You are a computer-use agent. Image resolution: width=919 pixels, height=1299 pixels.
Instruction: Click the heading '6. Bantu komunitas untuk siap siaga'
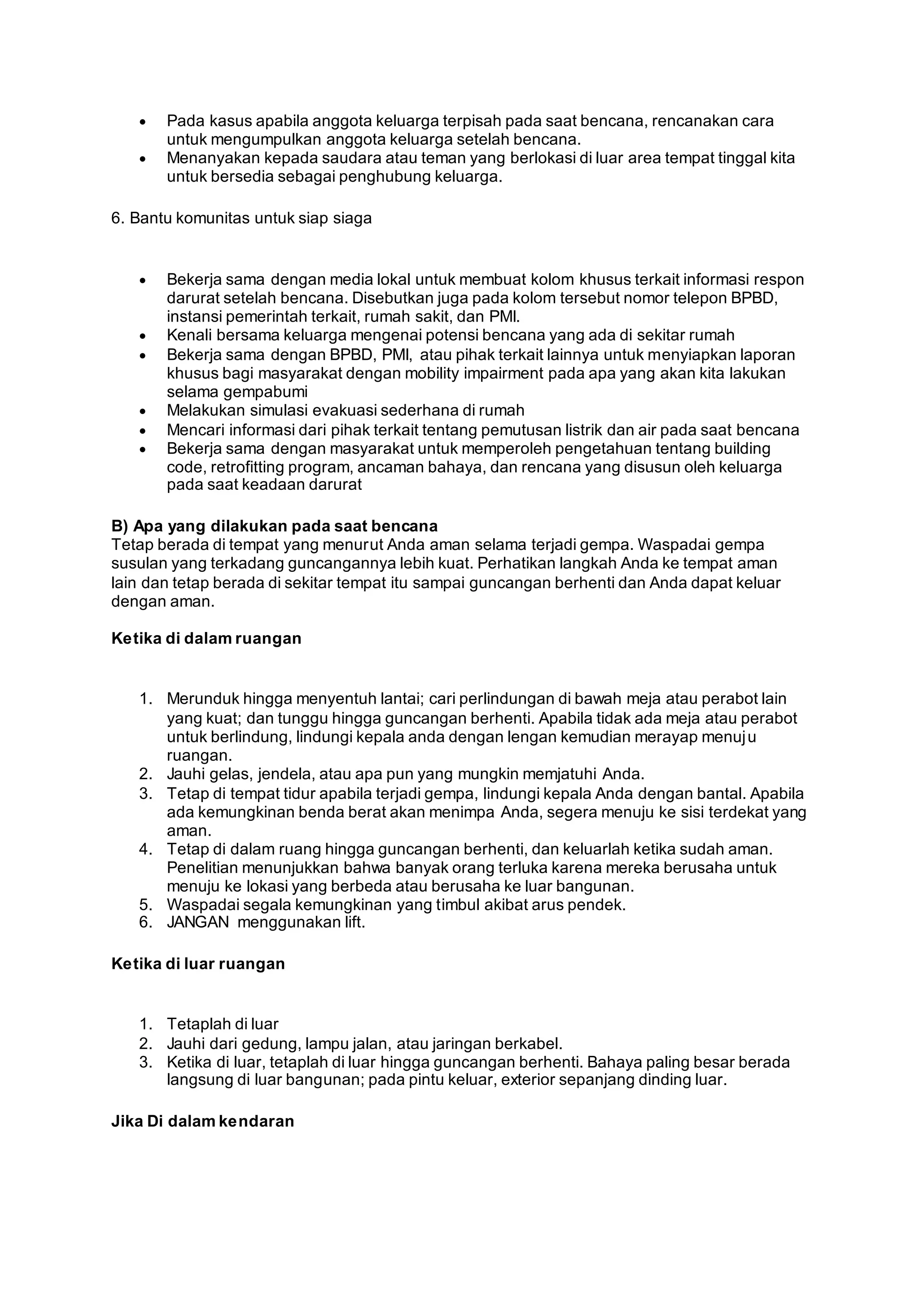(241, 218)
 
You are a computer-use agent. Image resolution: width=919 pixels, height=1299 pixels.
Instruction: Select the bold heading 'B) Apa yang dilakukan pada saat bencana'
(275, 526)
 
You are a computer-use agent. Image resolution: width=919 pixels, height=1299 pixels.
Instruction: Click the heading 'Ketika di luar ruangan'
(198, 963)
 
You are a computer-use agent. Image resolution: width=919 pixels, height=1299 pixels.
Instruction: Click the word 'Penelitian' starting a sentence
(204, 867)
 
